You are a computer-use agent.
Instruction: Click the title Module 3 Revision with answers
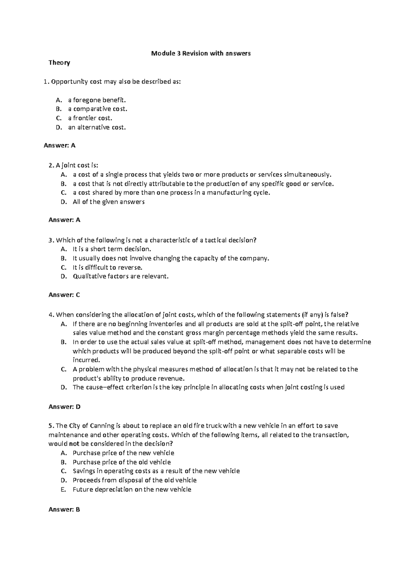tap(201, 53)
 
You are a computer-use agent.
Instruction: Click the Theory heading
tap(59, 63)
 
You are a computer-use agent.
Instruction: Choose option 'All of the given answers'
tap(109, 202)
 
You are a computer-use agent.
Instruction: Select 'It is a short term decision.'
tap(112, 249)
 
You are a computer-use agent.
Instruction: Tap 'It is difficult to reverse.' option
tap(108, 267)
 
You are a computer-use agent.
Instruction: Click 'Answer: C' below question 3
tap(64, 295)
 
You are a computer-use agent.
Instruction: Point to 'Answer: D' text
tap(64, 407)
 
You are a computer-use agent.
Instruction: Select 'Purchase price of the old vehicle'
tap(122, 462)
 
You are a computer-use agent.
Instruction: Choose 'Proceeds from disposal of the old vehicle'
tap(134, 480)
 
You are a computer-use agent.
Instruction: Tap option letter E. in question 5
tap(64, 489)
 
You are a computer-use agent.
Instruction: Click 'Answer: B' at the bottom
tap(64, 510)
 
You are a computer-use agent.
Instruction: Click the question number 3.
tap(50, 240)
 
